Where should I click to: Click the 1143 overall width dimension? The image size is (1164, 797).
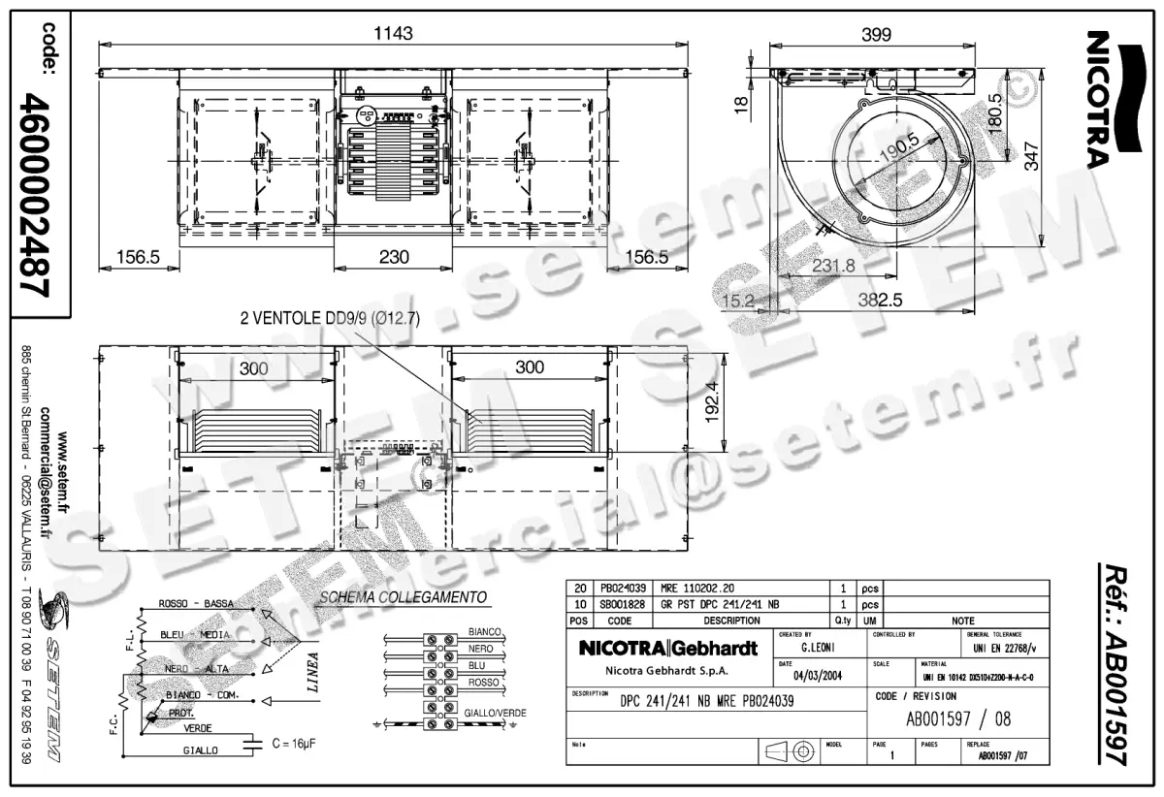click(x=393, y=33)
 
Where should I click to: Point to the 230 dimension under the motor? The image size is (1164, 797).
click(x=393, y=257)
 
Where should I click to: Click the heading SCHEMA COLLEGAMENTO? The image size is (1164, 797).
click(x=403, y=597)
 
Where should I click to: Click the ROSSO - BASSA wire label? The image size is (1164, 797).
click(x=196, y=604)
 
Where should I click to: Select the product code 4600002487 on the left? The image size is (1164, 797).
click(x=37, y=195)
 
